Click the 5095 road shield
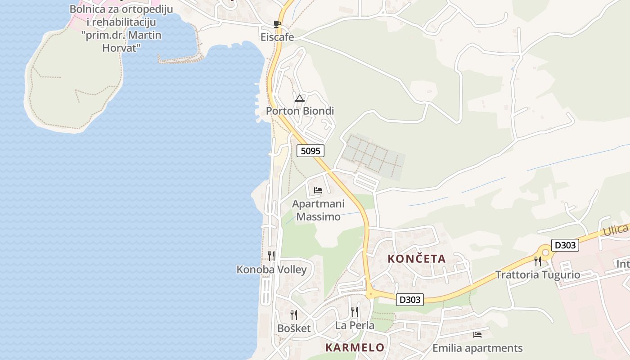coord(310,151)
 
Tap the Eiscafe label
coord(277,37)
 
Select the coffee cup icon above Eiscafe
coord(277,24)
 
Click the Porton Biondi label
coord(300,111)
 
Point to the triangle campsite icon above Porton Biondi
coord(300,98)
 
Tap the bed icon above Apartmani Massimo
coord(318,190)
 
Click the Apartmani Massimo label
coord(316,210)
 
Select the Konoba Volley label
coord(271,270)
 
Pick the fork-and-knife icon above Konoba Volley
coord(271,256)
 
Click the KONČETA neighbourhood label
coord(417,259)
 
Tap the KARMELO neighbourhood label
coord(355,347)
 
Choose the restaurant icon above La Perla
coord(355,312)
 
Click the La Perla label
coord(355,325)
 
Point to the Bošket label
coord(294,328)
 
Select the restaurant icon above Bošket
coord(294,315)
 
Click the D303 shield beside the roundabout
coord(565,246)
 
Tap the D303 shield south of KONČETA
coord(410,300)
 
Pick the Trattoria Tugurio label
coord(538,275)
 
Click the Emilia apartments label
coord(477,348)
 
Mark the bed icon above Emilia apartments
coord(477,335)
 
